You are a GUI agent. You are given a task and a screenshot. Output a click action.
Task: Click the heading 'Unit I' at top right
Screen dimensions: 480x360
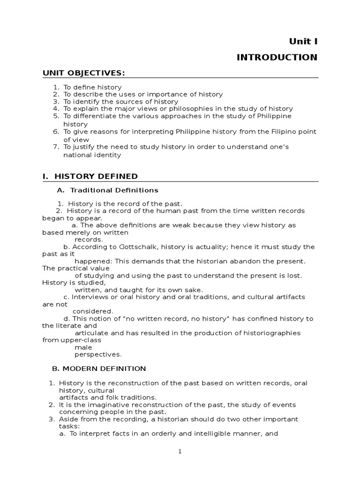pos(303,41)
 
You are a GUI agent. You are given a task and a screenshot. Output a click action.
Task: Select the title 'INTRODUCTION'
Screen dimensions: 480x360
pos(277,57)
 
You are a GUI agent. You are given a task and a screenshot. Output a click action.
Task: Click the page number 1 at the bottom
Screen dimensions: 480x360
pos(180,451)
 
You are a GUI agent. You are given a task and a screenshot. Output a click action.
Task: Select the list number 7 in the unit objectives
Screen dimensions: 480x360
pos(55,147)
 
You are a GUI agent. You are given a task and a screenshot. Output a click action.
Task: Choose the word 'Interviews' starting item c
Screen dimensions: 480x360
pos(89,297)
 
